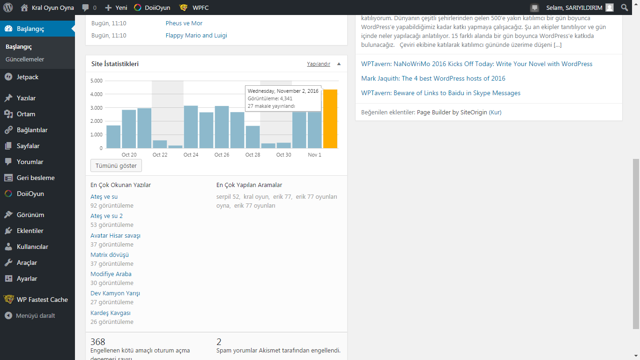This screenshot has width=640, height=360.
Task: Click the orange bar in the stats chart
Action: [330, 119]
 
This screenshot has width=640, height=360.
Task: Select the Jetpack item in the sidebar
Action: [28, 77]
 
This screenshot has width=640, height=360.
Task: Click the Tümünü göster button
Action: [116, 165]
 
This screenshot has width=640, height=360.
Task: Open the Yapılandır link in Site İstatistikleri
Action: [319, 64]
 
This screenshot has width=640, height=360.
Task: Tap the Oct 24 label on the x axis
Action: [191, 155]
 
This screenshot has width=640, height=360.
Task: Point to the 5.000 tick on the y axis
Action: [97, 81]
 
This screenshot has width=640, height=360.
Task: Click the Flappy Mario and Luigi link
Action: [196, 36]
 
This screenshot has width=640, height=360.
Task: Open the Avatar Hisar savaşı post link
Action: [115, 236]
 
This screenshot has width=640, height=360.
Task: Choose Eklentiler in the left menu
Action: [30, 231]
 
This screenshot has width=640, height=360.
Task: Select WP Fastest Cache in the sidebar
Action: [42, 300]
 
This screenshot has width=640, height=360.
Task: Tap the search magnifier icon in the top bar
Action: [625, 7]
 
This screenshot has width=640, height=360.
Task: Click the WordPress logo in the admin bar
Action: [8, 7]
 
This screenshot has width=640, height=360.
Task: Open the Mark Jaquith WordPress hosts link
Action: [433, 78]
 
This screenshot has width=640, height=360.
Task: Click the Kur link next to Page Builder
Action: [495, 112]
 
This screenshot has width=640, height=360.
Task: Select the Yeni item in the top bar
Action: [116, 7]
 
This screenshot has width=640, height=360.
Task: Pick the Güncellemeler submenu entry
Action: [25, 59]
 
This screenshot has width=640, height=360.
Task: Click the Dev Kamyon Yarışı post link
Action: [115, 293]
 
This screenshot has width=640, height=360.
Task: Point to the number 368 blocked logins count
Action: [98, 342]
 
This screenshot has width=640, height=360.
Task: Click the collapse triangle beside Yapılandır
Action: [339, 64]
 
